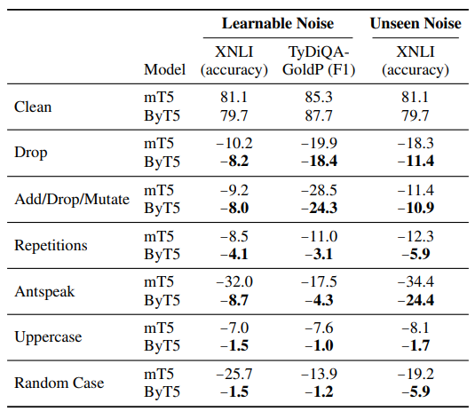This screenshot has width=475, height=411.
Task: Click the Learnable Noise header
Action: (278, 24)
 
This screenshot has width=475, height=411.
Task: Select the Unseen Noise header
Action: (416, 24)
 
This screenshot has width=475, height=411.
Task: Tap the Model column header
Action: (164, 69)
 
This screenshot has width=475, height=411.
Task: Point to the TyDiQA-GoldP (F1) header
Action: (319, 60)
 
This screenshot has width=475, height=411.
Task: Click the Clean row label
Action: (33, 107)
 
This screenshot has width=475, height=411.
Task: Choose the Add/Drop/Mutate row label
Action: (72, 200)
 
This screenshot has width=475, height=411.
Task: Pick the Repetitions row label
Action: (51, 245)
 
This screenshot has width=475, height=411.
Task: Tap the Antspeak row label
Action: (44, 291)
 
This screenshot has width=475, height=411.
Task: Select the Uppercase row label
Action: (48, 336)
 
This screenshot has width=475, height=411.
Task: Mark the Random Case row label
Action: (59, 383)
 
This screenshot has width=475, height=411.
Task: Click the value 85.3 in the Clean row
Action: (319, 98)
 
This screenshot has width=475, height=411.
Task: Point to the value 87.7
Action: (319, 115)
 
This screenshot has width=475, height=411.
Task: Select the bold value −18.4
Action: (319, 161)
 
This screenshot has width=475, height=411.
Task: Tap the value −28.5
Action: (319, 190)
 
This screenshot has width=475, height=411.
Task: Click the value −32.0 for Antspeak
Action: (234, 281)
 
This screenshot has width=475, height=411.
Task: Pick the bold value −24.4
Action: (416, 300)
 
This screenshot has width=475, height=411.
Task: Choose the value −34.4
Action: (416, 281)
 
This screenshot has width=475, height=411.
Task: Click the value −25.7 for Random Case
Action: (234, 374)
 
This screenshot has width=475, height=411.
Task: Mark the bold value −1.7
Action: (416, 345)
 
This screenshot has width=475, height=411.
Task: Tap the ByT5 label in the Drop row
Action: (162, 162)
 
